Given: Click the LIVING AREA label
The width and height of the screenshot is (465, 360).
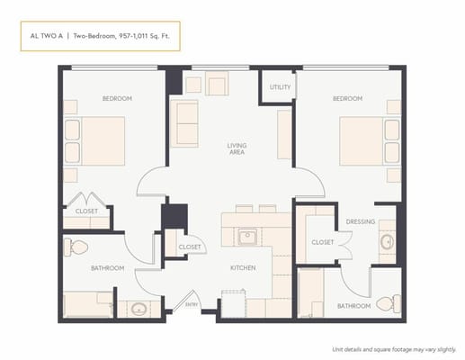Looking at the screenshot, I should click(x=237, y=148).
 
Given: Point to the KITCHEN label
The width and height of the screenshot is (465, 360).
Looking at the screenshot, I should click(x=243, y=267).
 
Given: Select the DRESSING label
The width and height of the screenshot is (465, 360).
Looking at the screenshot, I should click(x=360, y=220).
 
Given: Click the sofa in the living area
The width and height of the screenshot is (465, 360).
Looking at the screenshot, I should click(x=186, y=123).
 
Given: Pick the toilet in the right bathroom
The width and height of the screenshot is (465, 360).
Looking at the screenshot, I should click(x=386, y=302).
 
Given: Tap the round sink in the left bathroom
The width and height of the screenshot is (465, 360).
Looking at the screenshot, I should click(x=138, y=309).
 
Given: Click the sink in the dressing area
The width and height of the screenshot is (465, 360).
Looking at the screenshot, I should click(x=386, y=241).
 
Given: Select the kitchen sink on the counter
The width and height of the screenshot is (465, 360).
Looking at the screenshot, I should click(x=246, y=238).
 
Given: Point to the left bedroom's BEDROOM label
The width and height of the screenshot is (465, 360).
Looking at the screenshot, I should click(x=117, y=98).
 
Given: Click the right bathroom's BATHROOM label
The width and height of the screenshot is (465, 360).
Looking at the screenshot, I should click(x=353, y=306).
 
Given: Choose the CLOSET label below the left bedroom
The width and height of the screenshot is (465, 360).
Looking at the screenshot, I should click(x=86, y=211).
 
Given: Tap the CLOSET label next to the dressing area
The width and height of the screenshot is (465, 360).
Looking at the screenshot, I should click(x=322, y=241).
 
